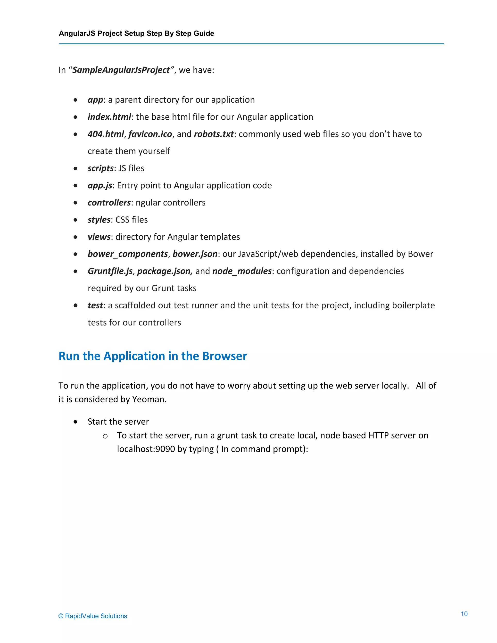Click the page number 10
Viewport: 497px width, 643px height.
point(464,614)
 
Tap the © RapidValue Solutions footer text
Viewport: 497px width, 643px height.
point(93,616)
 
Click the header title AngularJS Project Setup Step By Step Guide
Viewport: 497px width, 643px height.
point(136,33)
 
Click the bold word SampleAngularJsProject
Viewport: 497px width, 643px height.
point(121,70)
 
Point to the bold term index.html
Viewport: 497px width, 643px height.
point(109,117)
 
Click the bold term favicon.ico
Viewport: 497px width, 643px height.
point(150,134)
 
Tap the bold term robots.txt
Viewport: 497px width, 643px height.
point(214,134)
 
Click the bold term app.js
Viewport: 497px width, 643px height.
point(100,185)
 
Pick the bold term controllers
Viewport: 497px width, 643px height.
point(109,203)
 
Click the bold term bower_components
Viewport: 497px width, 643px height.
point(127,254)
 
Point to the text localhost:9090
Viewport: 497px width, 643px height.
point(146,449)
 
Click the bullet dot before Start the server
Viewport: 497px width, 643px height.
point(76,422)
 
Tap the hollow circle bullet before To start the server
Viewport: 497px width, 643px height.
point(105,436)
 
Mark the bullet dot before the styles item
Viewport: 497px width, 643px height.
point(76,220)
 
